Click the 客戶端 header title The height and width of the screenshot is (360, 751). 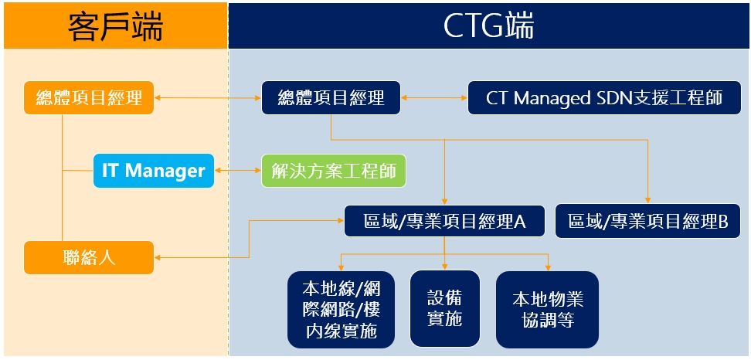115,26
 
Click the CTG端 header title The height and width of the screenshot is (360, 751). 488,26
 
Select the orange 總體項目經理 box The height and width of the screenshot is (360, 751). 89,98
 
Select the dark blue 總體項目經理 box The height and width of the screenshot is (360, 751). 331,98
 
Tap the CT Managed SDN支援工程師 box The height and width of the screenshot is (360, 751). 604,98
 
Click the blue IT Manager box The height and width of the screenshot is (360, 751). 153,170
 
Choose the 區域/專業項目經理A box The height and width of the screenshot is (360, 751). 444,222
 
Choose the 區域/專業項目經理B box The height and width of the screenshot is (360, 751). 647,222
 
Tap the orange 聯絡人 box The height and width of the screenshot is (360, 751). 89,256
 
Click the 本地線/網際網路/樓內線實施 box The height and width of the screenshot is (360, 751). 341,309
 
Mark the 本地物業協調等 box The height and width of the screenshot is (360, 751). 547,309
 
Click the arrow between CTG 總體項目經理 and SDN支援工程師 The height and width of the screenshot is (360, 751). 434,98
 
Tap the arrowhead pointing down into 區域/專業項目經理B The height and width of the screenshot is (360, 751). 647,200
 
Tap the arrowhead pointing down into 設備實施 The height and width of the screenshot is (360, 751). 444,265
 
